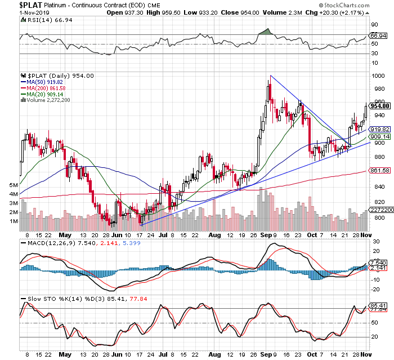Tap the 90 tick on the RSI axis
373,24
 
